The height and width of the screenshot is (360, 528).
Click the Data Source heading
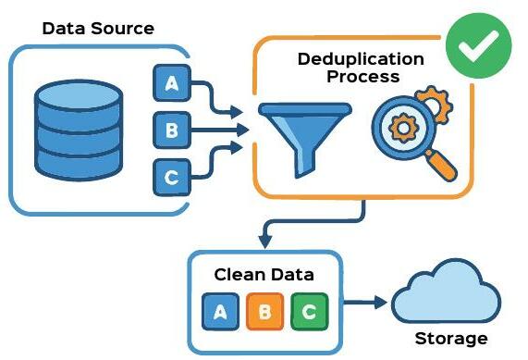(x=98, y=29)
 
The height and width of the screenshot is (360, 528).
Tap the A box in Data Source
(x=171, y=84)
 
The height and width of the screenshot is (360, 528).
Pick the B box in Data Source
(x=171, y=130)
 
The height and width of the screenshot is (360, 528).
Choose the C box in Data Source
(x=171, y=175)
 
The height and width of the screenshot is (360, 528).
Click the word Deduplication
(x=361, y=59)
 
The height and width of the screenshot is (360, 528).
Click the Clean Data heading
(x=264, y=275)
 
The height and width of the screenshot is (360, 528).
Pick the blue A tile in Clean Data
(x=221, y=312)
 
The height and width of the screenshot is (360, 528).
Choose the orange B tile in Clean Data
(x=264, y=312)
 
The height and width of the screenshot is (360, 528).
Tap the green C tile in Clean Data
(x=308, y=312)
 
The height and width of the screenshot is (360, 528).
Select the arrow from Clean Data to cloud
(x=365, y=302)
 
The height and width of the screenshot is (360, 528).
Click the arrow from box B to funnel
(x=222, y=130)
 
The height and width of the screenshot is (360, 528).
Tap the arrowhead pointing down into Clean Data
(x=265, y=241)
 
